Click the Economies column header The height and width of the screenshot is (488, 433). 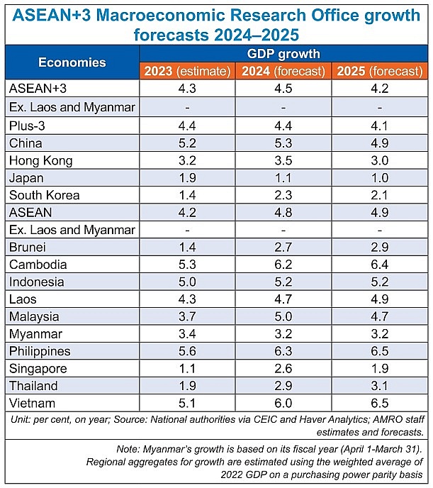72,62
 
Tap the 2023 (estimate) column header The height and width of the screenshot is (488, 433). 186,71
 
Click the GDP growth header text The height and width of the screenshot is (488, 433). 283,54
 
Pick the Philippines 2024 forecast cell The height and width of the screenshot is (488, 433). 283,351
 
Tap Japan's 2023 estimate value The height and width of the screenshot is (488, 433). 187,177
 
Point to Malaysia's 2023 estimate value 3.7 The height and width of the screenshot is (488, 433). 187,316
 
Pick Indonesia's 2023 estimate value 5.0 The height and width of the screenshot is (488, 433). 187,282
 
